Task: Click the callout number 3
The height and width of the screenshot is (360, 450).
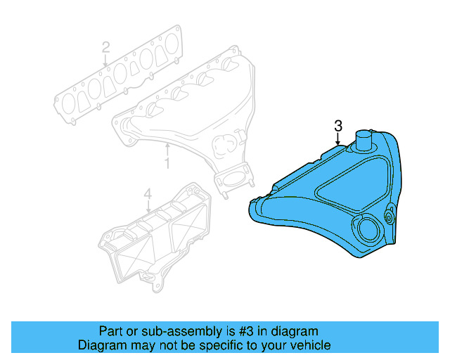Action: click(338, 126)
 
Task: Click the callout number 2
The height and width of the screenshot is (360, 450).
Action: click(105, 48)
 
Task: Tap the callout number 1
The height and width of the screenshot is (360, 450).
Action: click(167, 164)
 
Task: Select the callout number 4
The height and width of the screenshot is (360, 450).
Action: click(148, 193)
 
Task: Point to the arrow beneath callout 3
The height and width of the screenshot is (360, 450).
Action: click(338, 139)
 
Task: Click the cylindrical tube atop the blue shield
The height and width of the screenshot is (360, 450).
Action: click(364, 140)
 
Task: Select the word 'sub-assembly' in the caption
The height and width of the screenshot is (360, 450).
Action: click(161, 331)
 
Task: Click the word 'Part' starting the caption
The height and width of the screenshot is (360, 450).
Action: click(110, 331)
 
